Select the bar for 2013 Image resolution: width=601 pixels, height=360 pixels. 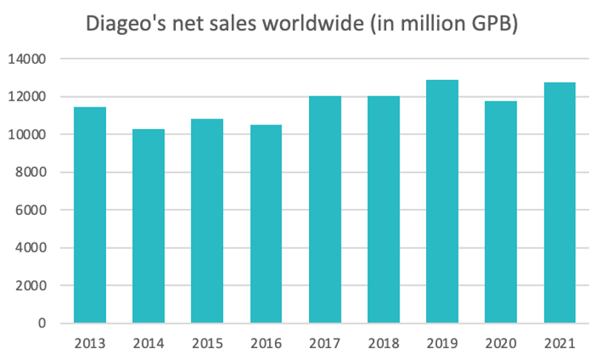pyautogui.click(x=90, y=215)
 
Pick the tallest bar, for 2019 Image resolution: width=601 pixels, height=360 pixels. pyautogui.click(x=442, y=201)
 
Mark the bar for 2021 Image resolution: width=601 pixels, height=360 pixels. pyautogui.click(x=560, y=203)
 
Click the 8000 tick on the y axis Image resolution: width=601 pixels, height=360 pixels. pyautogui.click(x=32, y=172)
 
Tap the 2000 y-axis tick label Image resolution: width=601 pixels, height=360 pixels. pyautogui.click(x=32, y=285)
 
